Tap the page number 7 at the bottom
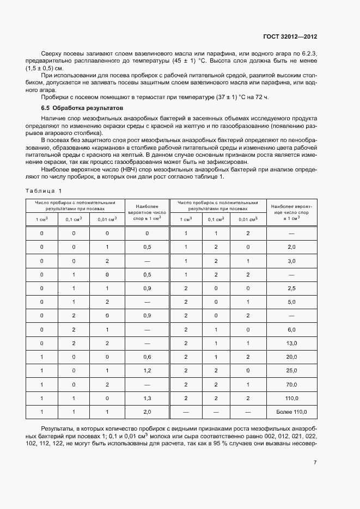click(315, 463)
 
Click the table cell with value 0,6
click(147, 357)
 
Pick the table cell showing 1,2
click(147, 370)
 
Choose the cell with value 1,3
click(147, 398)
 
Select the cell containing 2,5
click(291, 288)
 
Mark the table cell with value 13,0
click(291, 343)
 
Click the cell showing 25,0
click(291, 370)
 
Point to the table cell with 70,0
click(291, 384)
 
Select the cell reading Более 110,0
click(291, 412)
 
